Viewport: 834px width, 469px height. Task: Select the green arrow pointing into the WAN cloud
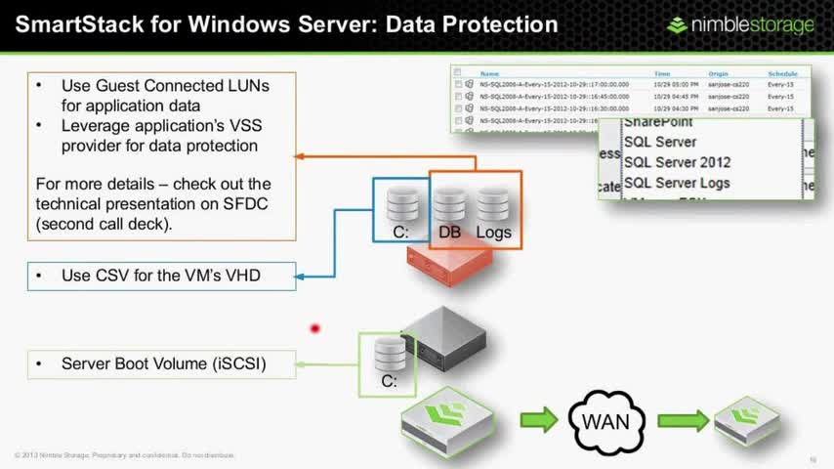[x=537, y=420]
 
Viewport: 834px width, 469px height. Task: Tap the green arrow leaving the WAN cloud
[x=683, y=420]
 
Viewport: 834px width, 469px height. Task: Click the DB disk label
[x=449, y=233]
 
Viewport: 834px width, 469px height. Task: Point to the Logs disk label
[x=493, y=233]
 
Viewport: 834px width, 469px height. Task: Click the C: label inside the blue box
[x=400, y=233]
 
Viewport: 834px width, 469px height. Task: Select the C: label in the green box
[x=388, y=381]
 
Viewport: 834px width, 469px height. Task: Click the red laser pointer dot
[x=315, y=328]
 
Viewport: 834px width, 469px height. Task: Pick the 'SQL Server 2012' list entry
[x=677, y=162]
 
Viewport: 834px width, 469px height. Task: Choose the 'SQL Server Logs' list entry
[x=677, y=183]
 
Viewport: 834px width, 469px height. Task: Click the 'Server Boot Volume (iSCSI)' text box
[x=162, y=364]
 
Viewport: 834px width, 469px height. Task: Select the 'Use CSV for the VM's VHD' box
[x=162, y=277]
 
